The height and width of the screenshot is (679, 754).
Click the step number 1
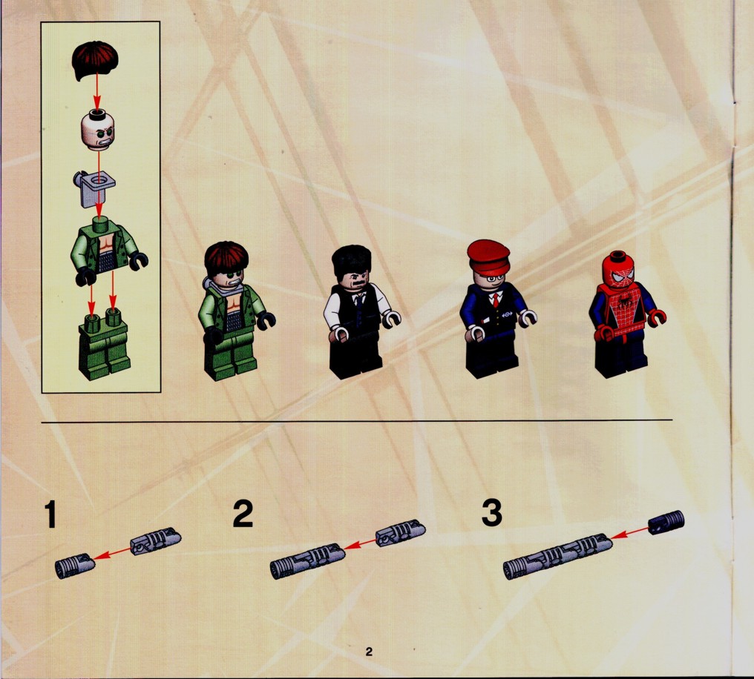tap(50, 514)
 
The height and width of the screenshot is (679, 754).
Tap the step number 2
tap(243, 514)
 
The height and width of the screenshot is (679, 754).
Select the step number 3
tap(491, 512)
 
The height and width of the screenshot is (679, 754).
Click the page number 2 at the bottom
tap(369, 651)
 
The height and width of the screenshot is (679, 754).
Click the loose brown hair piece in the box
tap(95, 59)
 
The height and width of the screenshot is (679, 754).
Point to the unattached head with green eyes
tap(99, 130)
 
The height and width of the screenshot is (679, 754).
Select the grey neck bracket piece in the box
tap(94, 188)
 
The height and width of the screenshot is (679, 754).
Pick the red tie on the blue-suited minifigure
tap(496, 301)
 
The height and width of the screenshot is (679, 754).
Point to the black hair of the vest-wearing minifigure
tap(351, 261)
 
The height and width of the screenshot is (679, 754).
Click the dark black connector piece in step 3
tap(666, 523)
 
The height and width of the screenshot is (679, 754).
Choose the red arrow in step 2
tap(360, 544)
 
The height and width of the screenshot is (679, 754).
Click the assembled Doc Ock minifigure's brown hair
tap(226, 259)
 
